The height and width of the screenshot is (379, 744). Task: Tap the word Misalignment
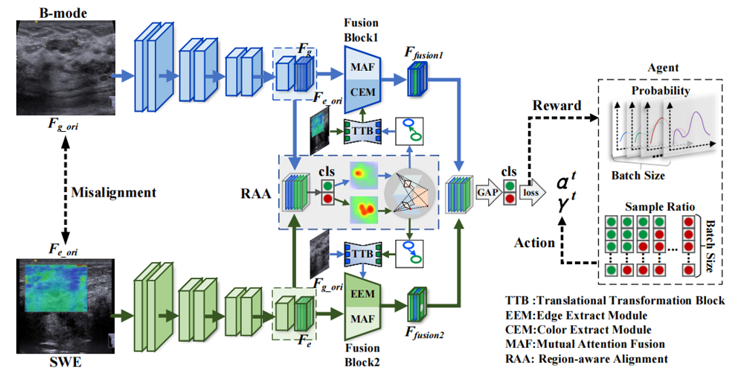point(114,192)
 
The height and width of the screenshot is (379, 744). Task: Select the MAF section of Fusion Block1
point(363,68)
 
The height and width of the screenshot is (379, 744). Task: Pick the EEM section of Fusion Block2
point(362,295)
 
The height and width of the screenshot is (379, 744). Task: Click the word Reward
point(557,106)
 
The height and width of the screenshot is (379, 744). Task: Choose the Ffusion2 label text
point(426,334)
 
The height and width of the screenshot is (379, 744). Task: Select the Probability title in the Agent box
point(661,91)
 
